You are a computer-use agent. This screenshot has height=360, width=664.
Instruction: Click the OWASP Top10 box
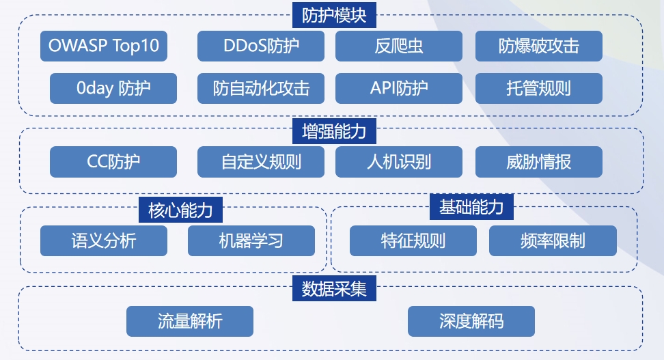coord(104,46)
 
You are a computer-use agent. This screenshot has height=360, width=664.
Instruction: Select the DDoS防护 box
coord(261,46)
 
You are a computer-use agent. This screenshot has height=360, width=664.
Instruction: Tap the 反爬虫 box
coord(399,46)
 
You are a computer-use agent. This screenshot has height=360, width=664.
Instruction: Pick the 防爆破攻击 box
coord(539,46)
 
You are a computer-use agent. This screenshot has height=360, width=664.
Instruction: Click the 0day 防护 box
coord(113,88)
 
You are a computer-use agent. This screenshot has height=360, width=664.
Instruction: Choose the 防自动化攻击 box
coord(261,88)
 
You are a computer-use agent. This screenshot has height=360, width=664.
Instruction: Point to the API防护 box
coord(399,88)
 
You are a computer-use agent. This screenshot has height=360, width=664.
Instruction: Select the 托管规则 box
coord(539,88)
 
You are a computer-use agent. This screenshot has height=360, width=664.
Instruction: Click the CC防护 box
coord(113,162)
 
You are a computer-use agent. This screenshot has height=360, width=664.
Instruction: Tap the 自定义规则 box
coord(261,162)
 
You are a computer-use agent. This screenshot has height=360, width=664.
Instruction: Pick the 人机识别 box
coord(399,162)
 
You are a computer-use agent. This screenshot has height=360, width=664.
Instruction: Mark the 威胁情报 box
coord(539,162)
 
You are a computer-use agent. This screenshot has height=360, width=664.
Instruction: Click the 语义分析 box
coord(104,240)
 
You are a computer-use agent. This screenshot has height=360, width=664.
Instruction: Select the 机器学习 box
coord(251,240)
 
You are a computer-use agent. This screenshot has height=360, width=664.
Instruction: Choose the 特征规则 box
coord(413,240)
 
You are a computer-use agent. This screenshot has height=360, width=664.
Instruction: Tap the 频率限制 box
coord(553,240)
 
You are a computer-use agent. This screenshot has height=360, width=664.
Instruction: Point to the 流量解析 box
coord(190,322)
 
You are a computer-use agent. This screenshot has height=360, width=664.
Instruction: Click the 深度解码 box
coord(471,322)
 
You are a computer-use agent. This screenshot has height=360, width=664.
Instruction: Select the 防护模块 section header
coord(334,15)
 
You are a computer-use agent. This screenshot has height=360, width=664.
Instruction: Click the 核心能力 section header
coord(180,210)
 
